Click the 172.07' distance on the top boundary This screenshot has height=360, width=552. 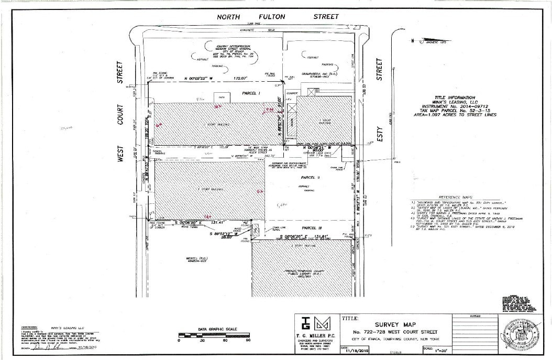241,78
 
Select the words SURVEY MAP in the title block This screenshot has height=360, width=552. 394,325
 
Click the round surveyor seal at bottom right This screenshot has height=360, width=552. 520,333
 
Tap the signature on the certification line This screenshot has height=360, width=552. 50,347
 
